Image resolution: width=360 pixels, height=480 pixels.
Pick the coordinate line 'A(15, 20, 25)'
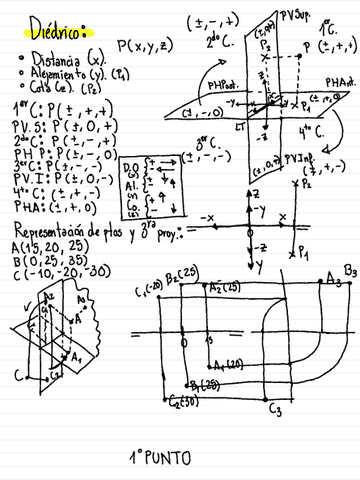45,247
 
